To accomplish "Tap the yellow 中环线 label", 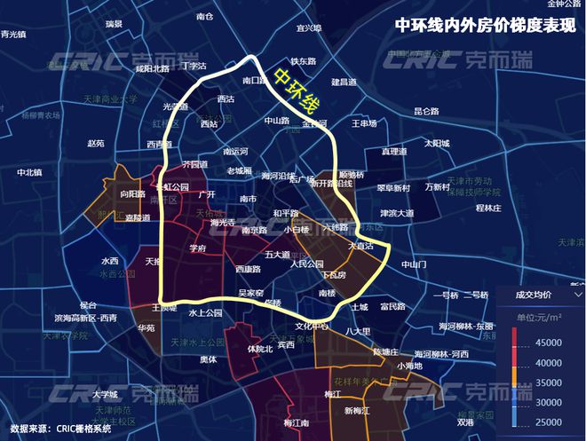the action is [296, 91].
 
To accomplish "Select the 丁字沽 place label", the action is [193, 66].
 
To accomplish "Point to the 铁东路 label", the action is [304, 62].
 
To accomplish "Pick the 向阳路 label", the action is [131, 193].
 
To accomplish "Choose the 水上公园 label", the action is [203, 312].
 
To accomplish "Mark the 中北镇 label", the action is [29, 172].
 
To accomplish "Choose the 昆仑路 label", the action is [426, 112].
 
